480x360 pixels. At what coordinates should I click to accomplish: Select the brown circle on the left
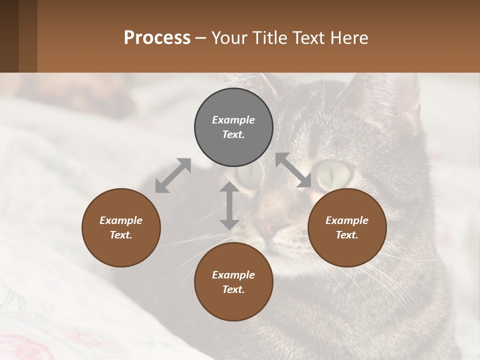point(121,227)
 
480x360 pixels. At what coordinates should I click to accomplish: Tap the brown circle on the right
point(347,227)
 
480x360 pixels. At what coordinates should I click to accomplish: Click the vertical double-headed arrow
point(229,205)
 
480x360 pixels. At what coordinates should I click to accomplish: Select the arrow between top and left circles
point(173,175)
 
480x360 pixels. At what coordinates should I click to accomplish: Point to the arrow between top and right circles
point(293,170)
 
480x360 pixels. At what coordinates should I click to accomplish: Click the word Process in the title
point(157,37)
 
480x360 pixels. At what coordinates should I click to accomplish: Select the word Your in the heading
point(228,37)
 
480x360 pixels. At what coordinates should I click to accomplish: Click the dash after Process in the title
point(201,38)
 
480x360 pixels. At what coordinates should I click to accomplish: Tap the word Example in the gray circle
point(233,120)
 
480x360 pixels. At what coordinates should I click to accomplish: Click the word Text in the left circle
point(121,235)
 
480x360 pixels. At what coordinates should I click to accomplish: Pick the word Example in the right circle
point(347,220)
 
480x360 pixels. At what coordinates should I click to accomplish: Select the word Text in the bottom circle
point(233,289)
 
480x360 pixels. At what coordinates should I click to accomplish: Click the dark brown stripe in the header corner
point(9,36)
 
